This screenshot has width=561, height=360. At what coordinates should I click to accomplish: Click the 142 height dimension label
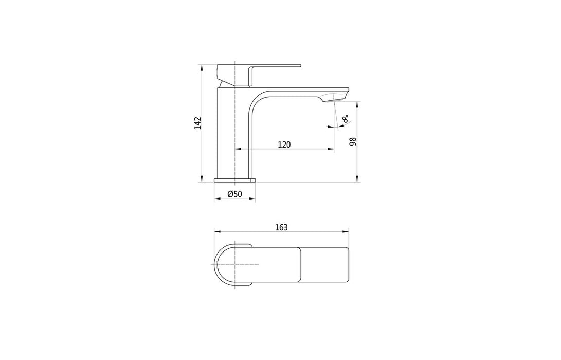[x=197, y=123]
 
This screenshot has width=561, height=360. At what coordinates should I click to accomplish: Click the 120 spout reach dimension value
[x=284, y=145]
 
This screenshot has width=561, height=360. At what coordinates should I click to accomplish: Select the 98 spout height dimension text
[x=353, y=141]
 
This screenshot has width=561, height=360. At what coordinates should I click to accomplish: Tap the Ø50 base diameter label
[x=234, y=194]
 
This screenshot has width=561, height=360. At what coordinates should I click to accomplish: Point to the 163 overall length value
[x=281, y=227]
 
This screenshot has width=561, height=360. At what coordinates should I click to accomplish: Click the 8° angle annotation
[x=346, y=120]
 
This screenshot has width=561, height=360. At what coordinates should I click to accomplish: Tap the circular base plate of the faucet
[x=234, y=180]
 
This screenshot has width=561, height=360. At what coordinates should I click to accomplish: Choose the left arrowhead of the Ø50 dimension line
[x=215, y=200]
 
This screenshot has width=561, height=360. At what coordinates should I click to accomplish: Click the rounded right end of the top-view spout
[x=348, y=265]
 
